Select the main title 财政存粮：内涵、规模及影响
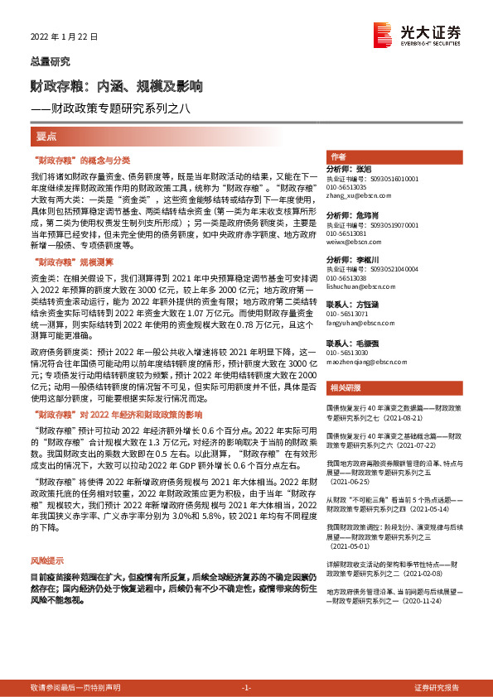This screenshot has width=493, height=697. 116,85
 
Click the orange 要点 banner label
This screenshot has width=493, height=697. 46,136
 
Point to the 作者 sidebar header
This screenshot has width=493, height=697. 338,156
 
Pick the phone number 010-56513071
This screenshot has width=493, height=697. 347,315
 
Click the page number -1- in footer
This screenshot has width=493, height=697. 245,687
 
